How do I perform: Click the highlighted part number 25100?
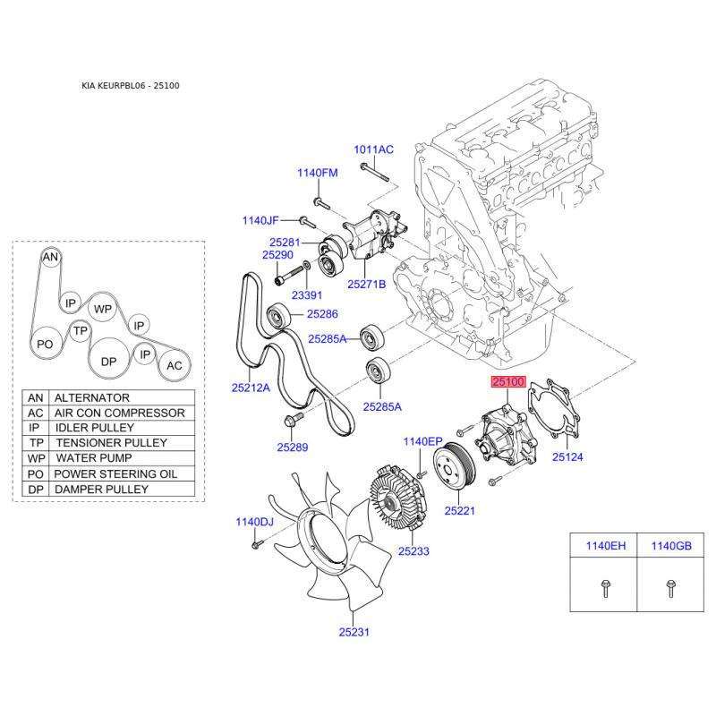508,381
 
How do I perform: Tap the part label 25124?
567,457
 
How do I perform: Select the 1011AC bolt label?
373,149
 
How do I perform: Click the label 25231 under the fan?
354,632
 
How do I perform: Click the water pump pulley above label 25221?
454,466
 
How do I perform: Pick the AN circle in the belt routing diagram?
50,257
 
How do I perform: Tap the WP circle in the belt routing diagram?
102,309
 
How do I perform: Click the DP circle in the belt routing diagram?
108,362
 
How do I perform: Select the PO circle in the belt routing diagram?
46,344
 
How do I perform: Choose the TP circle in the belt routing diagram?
81,330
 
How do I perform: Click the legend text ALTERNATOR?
92,397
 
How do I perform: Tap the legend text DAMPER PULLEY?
101,490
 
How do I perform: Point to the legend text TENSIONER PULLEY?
111,443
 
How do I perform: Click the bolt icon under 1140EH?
605,588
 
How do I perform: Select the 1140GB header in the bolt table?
671,546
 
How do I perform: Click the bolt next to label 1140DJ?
258,544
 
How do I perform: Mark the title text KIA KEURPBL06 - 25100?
131,86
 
